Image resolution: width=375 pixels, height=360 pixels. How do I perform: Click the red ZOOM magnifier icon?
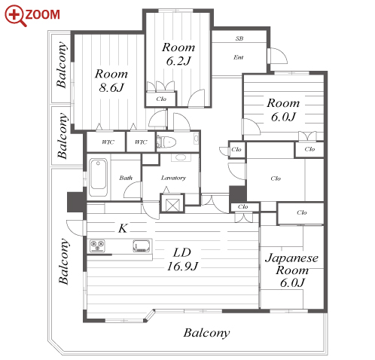pyautogui.click(x=15, y=15)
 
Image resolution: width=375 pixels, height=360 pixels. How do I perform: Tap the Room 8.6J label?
pyautogui.click(x=111, y=81)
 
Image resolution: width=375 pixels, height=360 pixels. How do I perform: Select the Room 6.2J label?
pyautogui.click(x=178, y=54)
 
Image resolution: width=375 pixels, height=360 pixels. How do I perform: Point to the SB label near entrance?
pyautogui.click(x=239, y=38)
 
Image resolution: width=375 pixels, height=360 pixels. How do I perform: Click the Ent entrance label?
pyautogui.click(x=239, y=57)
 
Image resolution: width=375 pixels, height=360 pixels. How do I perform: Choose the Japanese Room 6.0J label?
pyautogui.click(x=291, y=270)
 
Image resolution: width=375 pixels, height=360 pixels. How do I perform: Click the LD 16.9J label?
pyautogui.click(x=182, y=259)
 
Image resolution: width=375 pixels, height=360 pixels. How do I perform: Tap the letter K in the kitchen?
pyautogui.click(x=123, y=228)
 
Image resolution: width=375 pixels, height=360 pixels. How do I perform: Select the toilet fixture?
pyautogui.click(x=168, y=142)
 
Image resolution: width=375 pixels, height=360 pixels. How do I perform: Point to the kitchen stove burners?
pyautogui.click(x=97, y=246)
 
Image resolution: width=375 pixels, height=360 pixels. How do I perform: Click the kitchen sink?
pyautogui.click(x=142, y=246)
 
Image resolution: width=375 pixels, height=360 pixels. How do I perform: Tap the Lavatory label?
pyautogui.click(x=173, y=178)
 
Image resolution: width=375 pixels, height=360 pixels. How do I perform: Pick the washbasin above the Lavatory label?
pyautogui.click(x=181, y=157)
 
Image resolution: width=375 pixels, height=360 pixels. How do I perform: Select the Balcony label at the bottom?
pyautogui.click(x=206, y=333)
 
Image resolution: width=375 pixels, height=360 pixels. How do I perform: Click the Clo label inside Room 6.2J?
pyautogui.click(x=161, y=99)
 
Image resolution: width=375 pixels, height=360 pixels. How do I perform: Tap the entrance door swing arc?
pyautogui.click(x=279, y=55)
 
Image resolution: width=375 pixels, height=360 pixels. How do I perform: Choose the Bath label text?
pyautogui.click(x=126, y=178)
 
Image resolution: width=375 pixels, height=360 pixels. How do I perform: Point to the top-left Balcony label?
pyautogui.click(x=62, y=65)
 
